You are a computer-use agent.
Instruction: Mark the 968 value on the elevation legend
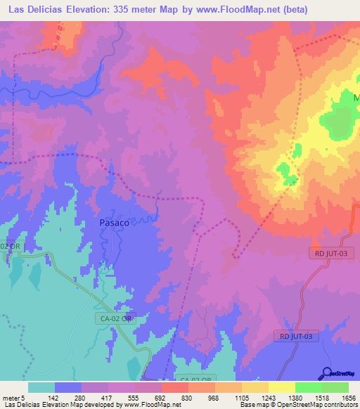click(213, 398)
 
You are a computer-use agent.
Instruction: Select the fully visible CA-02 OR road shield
click(114, 318)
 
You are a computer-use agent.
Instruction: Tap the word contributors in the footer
click(341, 405)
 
